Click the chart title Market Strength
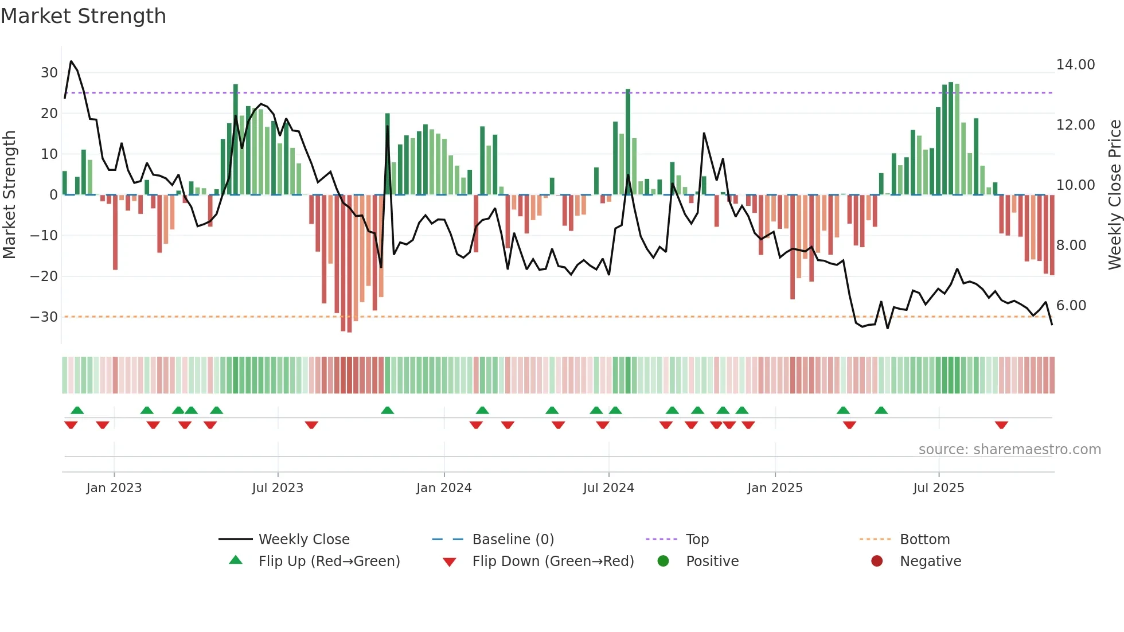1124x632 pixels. pos(83,16)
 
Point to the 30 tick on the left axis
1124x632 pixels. pos(49,73)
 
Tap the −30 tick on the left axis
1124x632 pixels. pos(45,317)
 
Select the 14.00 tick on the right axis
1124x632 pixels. pos(1075,65)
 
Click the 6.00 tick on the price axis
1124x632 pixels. pos(1071,306)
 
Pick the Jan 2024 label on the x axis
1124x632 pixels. pos(444,488)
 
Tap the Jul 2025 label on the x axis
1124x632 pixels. pos(939,488)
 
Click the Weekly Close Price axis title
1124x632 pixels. pos(1114,195)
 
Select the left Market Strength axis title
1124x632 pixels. pos(10,195)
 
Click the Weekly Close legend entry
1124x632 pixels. pos(304,540)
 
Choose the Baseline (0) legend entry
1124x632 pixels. pos(513,540)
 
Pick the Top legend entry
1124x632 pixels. pos(697,540)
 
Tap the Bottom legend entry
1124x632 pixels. pos(924,540)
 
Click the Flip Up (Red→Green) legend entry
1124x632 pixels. pos(329,561)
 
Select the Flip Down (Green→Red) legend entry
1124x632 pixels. pos(553,561)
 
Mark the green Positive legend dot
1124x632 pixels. pos(664,561)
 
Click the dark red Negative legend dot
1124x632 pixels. pos(877,561)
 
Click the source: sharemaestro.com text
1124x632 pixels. pos(1009,450)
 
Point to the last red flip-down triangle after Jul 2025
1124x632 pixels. pos(1001,425)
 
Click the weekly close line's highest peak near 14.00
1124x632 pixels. pos(71,61)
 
